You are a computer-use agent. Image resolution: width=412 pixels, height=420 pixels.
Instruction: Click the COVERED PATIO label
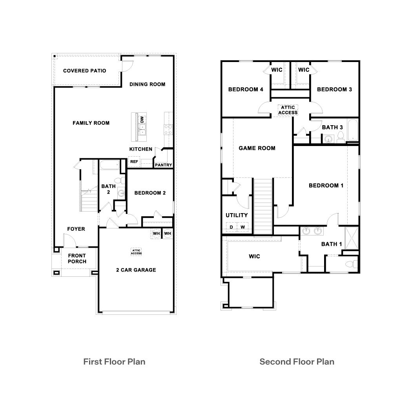point(84,71)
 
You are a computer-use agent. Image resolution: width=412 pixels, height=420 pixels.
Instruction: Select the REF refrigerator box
point(134,161)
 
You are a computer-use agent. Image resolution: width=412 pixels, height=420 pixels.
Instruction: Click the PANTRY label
point(163,165)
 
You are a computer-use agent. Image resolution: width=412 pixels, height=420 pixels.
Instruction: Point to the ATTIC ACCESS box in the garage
point(136,252)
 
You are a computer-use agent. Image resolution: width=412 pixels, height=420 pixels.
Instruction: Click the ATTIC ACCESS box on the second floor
point(288,110)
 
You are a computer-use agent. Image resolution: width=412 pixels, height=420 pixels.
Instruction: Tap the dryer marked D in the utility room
point(231,227)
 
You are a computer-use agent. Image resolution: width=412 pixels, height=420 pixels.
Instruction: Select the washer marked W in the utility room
point(242,227)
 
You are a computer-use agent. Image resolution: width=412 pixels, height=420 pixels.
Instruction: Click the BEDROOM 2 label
point(150,193)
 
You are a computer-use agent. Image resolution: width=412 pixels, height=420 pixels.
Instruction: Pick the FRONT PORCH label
point(77,259)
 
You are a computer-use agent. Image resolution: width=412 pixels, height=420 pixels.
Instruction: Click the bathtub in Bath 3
point(353,130)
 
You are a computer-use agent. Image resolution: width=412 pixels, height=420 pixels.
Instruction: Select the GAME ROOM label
point(257,148)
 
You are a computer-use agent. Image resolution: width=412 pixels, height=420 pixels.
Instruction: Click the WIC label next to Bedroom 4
point(277,70)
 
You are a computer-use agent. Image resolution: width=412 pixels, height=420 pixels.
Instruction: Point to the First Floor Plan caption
point(114,362)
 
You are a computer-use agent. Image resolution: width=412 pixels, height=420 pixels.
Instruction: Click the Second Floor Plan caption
point(297,362)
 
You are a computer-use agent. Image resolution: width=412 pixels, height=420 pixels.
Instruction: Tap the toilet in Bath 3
point(340,137)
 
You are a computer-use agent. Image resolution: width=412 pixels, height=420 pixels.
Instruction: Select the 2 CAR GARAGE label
point(136,270)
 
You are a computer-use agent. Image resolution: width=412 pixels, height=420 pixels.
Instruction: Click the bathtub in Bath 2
point(109,166)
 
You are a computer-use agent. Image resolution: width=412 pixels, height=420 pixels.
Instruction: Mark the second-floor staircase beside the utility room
point(263,206)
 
